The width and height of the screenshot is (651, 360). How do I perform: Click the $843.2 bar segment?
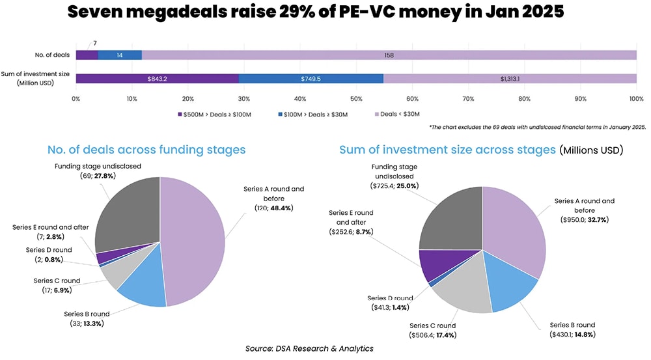coord(157,79)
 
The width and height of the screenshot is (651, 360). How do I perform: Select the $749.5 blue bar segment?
coord(311,79)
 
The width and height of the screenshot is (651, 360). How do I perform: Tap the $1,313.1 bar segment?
coord(510,79)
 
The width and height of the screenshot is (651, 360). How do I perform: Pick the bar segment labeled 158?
coord(389,55)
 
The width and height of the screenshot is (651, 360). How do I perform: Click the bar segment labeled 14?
coord(120,55)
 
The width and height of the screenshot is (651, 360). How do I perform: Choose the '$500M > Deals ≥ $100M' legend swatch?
coord(180,115)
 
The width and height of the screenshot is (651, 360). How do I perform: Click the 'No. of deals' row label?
coord(51,55)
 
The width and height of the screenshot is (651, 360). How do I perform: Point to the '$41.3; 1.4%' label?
coord(390,307)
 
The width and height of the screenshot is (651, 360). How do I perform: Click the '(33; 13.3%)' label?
coord(86,323)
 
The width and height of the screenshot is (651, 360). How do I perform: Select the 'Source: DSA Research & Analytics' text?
coord(309,349)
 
